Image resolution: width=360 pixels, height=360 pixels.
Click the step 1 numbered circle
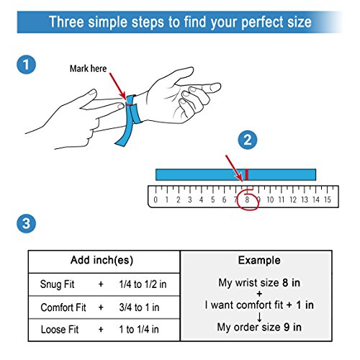[26, 65]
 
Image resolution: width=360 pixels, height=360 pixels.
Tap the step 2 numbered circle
[248, 140]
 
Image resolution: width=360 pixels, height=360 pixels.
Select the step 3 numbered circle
[26, 223]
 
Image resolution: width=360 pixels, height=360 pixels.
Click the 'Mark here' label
[88, 68]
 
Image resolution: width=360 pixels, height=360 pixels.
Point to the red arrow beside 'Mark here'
[117, 86]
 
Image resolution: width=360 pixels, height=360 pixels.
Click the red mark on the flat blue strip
[247, 174]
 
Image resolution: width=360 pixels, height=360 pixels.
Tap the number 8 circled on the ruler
[247, 199]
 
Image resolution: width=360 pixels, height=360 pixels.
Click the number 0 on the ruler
[156, 199]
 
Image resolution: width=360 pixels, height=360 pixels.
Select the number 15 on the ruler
[328, 199]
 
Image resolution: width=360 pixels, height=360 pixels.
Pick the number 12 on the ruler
[293, 199]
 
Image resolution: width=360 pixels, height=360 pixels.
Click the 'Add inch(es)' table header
[102, 260]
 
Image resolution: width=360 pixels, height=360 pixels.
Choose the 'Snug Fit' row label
[57, 284]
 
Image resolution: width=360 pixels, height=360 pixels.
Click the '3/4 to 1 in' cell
[139, 307]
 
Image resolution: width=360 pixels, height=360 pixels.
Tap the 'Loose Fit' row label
[60, 329]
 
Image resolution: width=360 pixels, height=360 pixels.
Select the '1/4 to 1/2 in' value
[143, 284]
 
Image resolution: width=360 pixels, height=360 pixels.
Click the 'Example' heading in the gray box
[259, 261]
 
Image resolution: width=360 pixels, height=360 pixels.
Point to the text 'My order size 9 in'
[259, 327]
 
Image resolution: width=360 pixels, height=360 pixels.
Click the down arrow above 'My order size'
[259, 317]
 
